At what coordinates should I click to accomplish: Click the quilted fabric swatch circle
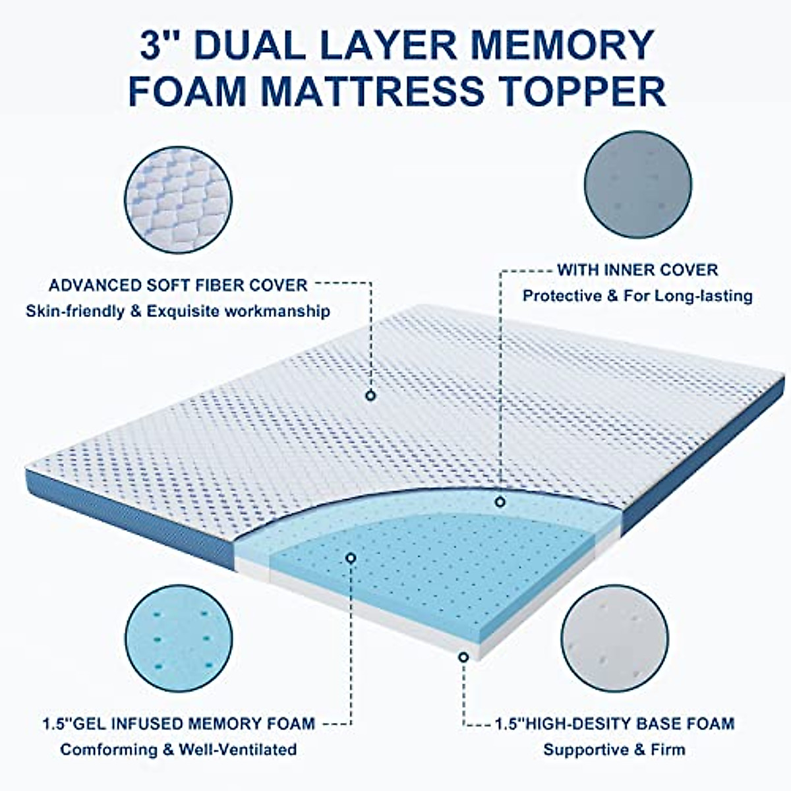pos(179,197)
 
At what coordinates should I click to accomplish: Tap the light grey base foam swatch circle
pos(616,638)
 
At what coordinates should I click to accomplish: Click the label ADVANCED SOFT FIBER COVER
pos(178,285)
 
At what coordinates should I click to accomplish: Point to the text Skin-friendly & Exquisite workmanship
pos(178,311)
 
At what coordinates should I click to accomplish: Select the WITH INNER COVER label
pos(637,270)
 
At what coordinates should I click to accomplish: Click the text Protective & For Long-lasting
pos(637,295)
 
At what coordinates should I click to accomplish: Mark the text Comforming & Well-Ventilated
pos(179,749)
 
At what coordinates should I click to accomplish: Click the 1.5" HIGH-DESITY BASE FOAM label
pos(614,724)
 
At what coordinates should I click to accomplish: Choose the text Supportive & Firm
pos(614,749)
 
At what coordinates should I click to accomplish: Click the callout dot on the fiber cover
pos(371,395)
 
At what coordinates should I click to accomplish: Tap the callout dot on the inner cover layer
pos(500,502)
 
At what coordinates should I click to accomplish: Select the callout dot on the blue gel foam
pos(351,558)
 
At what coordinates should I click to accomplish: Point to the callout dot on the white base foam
pos(464,657)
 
